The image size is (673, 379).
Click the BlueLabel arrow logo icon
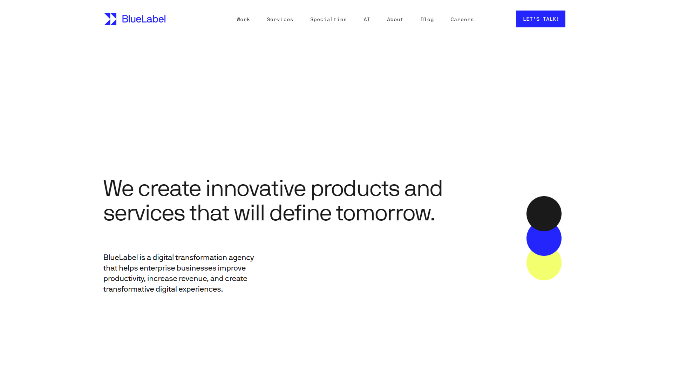click(110, 19)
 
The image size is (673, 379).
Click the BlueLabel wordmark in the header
click(144, 19)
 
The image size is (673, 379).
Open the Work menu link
click(243, 19)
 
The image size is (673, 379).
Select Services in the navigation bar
click(280, 19)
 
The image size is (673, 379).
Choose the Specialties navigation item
click(328, 19)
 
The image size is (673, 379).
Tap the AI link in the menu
click(367, 19)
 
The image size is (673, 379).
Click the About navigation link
click(395, 19)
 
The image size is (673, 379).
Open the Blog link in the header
click(427, 19)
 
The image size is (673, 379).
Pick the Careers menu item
click(462, 19)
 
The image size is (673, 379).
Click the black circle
click(544, 212)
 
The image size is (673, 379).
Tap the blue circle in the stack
click(544, 242)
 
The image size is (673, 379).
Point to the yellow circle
click(544, 267)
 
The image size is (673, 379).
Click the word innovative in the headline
click(256, 188)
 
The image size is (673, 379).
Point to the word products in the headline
click(355, 189)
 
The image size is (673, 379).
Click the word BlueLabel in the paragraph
click(121, 258)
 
